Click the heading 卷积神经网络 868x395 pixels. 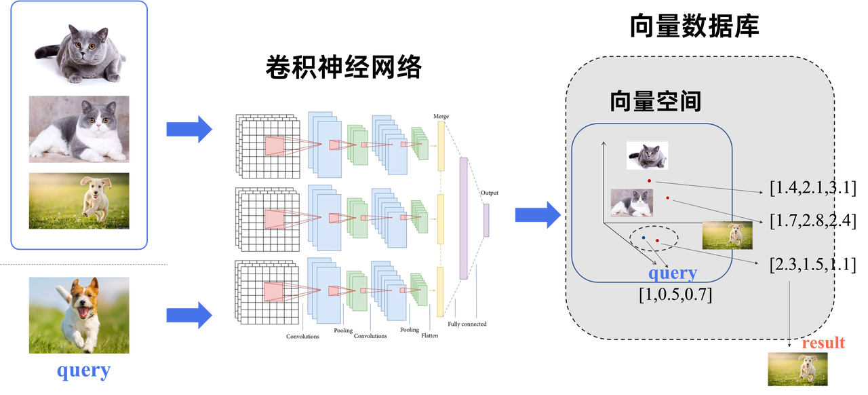(343, 67)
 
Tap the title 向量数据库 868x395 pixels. (694, 26)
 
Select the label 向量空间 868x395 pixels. (655, 101)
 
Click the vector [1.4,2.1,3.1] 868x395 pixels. (812, 188)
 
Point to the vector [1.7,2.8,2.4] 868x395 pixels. (812, 221)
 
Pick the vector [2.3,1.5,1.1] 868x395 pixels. (812, 265)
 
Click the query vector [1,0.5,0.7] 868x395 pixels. (675, 295)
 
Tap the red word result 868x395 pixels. (823, 343)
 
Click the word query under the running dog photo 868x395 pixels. (83, 371)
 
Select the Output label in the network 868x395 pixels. (490, 193)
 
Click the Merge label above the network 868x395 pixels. (441, 117)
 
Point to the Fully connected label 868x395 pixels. (467, 324)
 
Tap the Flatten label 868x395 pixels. (430, 336)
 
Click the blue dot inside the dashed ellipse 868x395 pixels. (644, 238)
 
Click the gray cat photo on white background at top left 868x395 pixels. (79, 53)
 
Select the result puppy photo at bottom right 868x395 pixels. (797, 369)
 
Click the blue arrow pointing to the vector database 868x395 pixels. (538, 214)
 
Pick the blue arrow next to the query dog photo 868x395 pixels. (189, 315)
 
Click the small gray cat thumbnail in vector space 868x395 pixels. (647, 155)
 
